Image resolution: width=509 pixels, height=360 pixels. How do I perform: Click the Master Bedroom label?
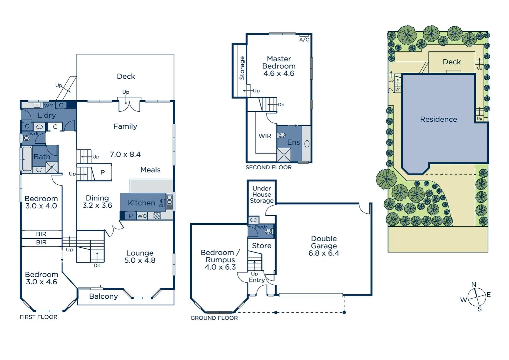pos(279,63)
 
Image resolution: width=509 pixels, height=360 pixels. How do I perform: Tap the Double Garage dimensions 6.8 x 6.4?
pos(323,253)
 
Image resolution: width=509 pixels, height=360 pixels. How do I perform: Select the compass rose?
pos(477,297)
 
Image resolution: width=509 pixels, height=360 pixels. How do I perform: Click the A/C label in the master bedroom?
pos(304,40)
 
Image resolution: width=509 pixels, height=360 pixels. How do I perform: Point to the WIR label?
pos(265,136)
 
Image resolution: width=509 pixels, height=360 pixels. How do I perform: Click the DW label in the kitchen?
pos(161,203)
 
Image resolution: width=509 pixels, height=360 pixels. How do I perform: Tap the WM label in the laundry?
pos(49,106)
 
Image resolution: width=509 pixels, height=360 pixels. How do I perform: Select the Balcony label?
pos(103,296)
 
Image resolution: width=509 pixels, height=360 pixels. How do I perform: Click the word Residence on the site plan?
pos(438,119)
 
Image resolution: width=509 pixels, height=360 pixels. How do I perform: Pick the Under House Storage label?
pos(261,195)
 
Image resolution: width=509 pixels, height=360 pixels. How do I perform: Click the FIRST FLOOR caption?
pos(38,317)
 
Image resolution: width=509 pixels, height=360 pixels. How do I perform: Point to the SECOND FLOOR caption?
pos(268,167)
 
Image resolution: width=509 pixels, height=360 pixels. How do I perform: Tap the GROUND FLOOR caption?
pos(214,318)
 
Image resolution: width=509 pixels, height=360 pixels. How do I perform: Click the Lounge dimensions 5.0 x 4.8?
pos(140,260)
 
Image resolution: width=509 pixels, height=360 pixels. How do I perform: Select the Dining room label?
pos(97,198)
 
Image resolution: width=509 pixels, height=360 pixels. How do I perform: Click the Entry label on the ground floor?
pos(256,280)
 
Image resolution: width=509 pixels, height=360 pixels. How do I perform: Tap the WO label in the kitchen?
pos(142,216)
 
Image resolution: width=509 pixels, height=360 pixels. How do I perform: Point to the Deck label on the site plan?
pos(451,62)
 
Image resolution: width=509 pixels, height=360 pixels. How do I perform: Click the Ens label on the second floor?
pos(293,142)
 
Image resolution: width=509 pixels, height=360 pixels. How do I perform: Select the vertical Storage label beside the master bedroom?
pos(242,68)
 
